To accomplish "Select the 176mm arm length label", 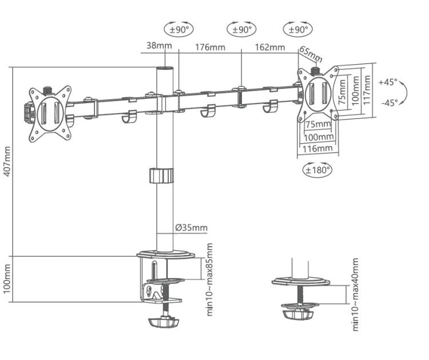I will [x=210, y=46].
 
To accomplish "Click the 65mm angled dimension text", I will [x=311, y=54].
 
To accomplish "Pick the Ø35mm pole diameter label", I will [x=192, y=228].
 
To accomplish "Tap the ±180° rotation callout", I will [x=317, y=169].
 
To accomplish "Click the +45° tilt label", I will [x=387, y=82].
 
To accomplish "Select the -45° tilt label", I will [x=388, y=102].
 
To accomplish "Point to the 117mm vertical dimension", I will [x=368, y=90].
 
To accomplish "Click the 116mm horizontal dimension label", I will [x=317, y=149].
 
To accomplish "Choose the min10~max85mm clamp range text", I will [x=210, y=279].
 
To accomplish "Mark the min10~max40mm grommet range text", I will [x=356, y=294].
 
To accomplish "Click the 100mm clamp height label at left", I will [x=7, y=279].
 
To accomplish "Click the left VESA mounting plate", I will [x=50, y=112].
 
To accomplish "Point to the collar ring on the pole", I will [x=161, y=175].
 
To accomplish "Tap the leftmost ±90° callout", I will [x=179, y=29].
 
